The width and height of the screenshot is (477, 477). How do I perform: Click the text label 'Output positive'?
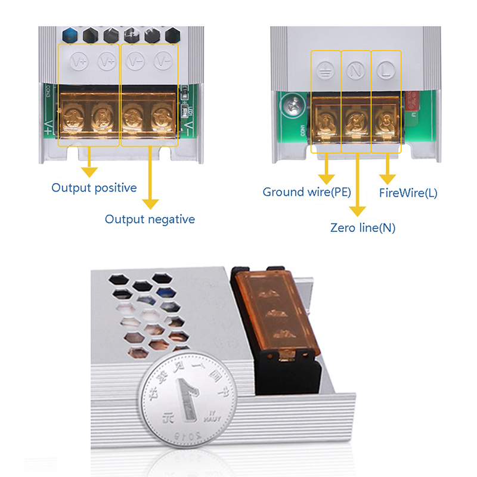pyautogui.click(x=94, y=188)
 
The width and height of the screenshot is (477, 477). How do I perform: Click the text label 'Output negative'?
pyautogui.click(x=150, y=219)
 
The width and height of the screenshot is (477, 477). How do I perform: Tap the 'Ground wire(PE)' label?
pyautogui.click(x=306, y=192)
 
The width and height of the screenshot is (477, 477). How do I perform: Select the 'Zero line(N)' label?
pyautogui.click(x=363, y=227)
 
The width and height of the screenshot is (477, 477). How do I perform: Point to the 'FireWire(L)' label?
pyautogui.click(x=408, y=193)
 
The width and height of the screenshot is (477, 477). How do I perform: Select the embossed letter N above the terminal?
pyautogui.click(x=356, y=71)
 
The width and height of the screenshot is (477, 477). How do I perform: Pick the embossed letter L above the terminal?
pyautogui.click(x=385, y=71)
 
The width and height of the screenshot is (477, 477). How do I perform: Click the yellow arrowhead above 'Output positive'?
pyautogui.click(x=89, y=171)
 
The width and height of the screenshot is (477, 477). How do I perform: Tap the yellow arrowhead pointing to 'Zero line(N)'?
pyautogui.click(x=357, y=211)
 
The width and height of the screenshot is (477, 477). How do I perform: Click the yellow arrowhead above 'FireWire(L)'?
pyautogui.click(x=388, y=178)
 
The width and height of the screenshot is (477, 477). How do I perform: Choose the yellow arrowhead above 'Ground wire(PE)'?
pyautogui.click(x=326, y=178)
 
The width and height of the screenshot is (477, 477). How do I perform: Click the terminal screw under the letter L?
pyautogui.click(x=385, y=114)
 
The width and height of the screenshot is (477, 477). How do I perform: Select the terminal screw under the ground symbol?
pyautogui.click(x=326, y=114)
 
